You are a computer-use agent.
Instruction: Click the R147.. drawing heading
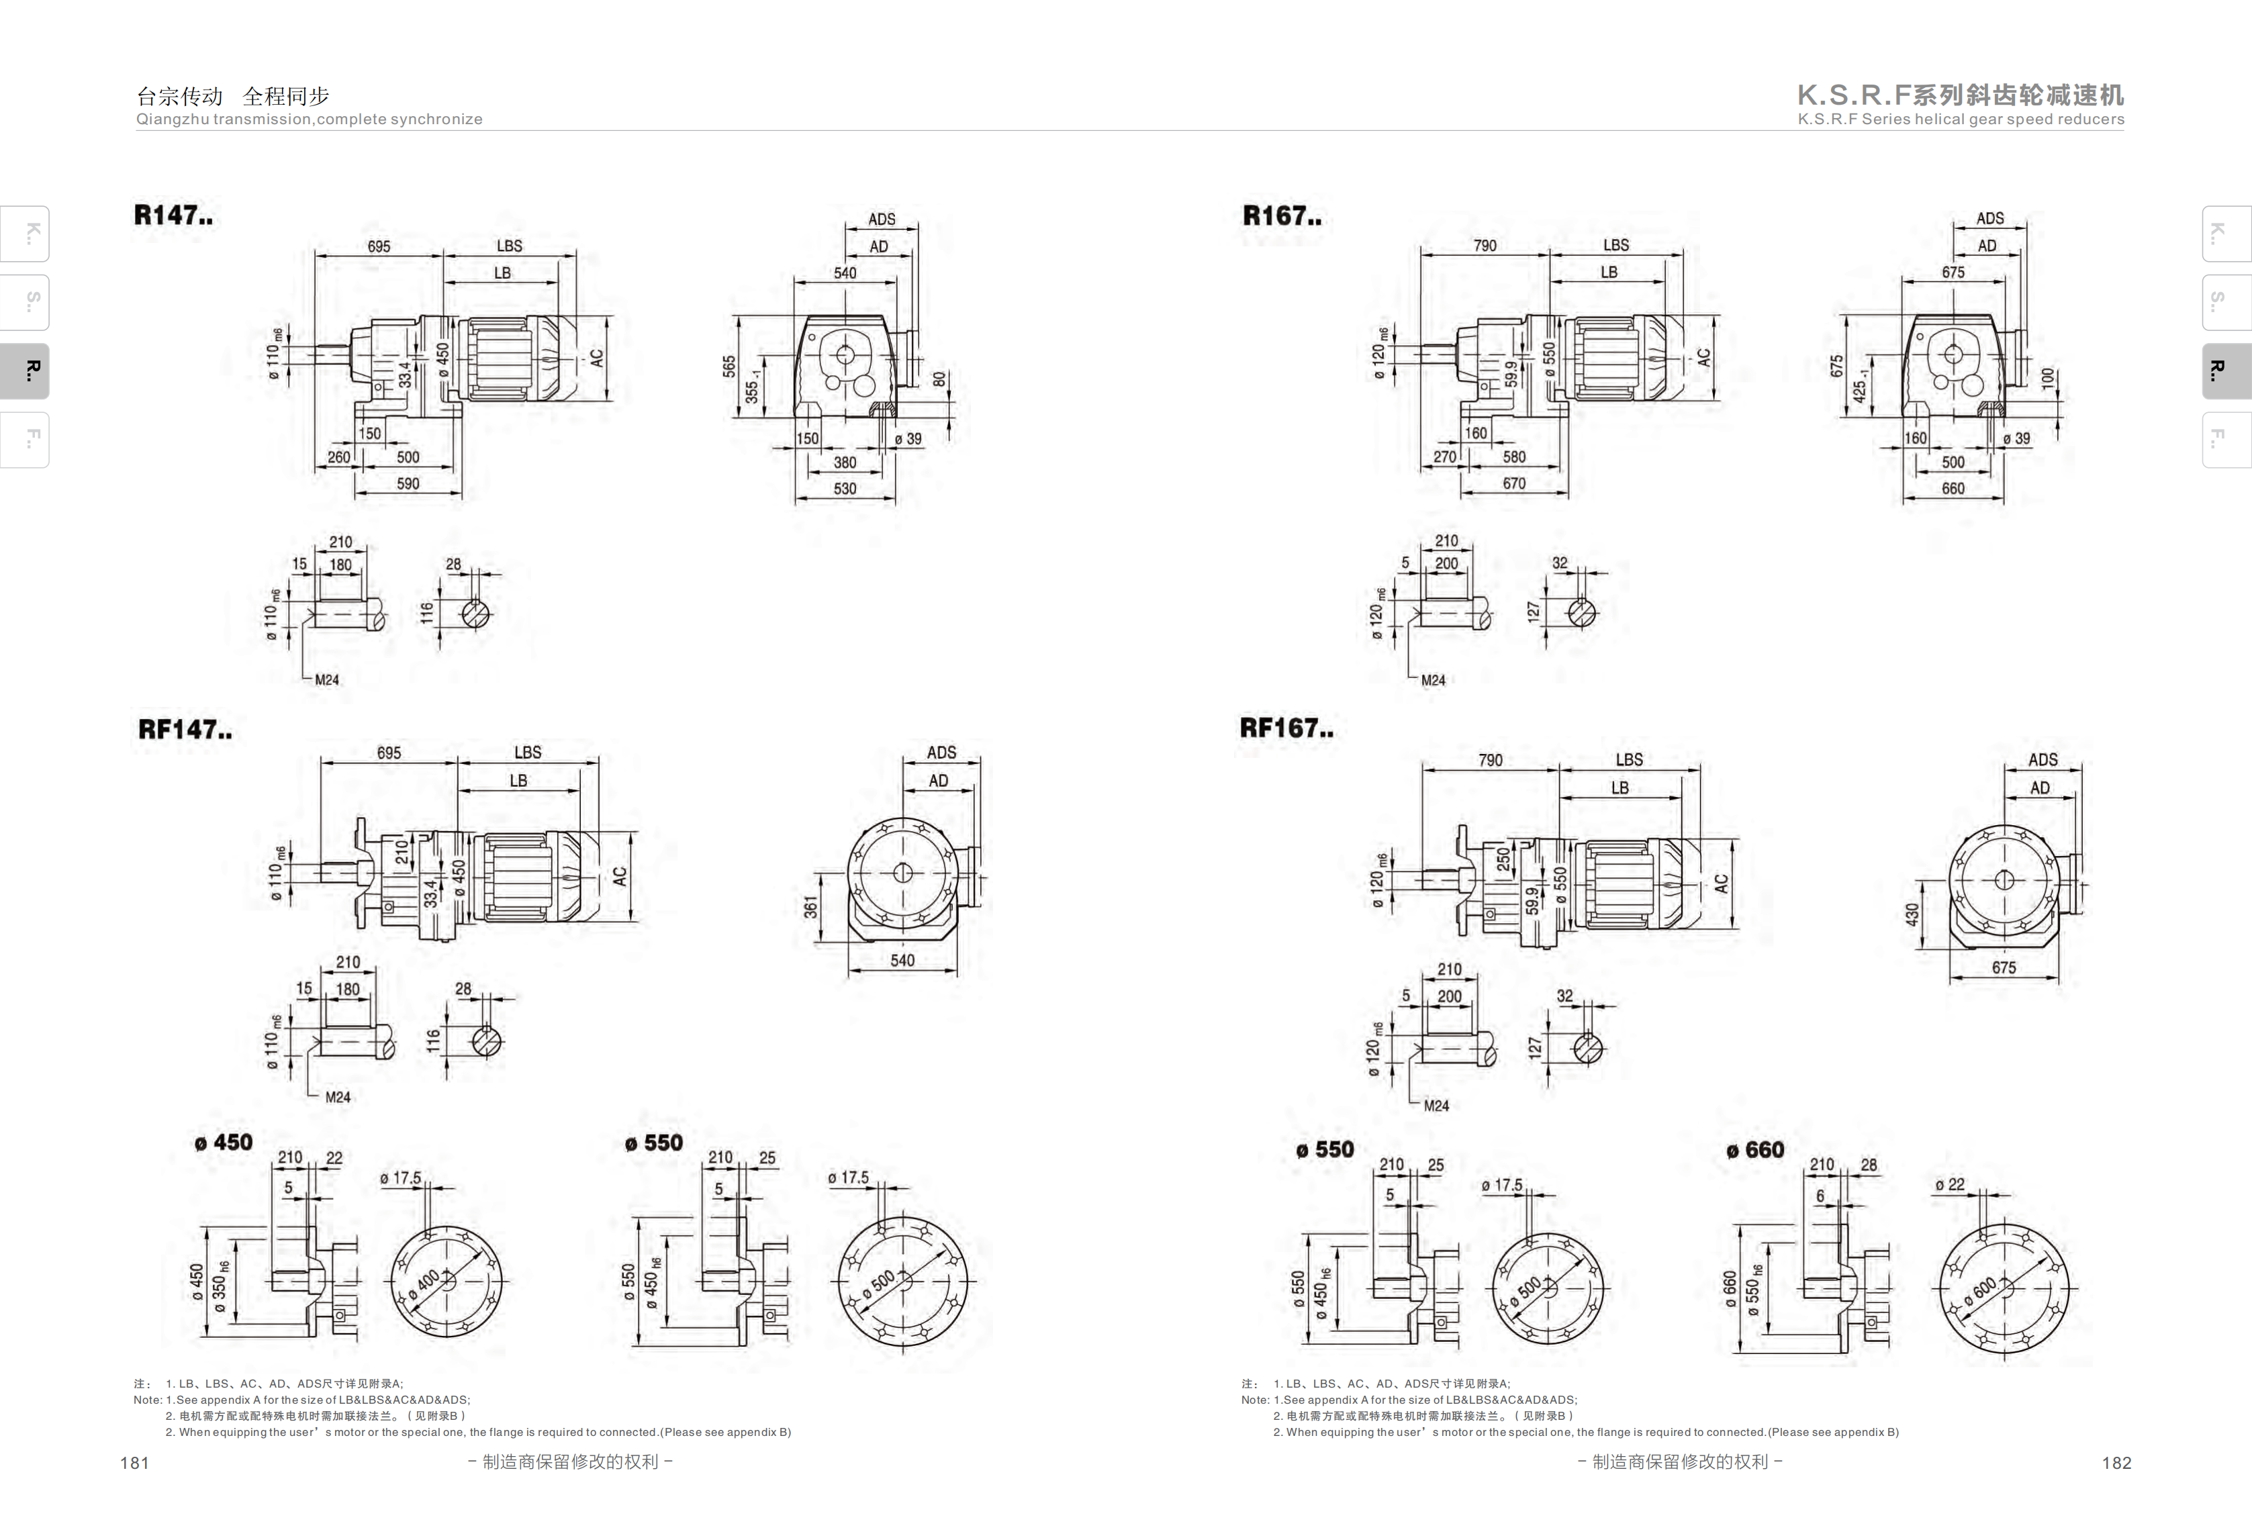(173, 215)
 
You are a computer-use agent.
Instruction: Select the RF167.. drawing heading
(1286, 728)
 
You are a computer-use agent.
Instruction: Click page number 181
(135, 1462)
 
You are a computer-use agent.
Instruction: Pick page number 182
(2116, 1462)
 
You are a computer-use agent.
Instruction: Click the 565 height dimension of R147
(729, 367)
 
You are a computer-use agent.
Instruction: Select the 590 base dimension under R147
(408, 483)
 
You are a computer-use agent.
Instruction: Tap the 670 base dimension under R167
(1513, 483)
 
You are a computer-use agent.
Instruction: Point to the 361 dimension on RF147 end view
(810, 907)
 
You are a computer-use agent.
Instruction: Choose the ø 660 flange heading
(1755, 1149)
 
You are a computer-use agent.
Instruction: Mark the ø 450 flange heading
(224, 1143)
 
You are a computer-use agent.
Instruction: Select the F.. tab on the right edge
(2226, 440)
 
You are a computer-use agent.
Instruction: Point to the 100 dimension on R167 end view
(2047, 378)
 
